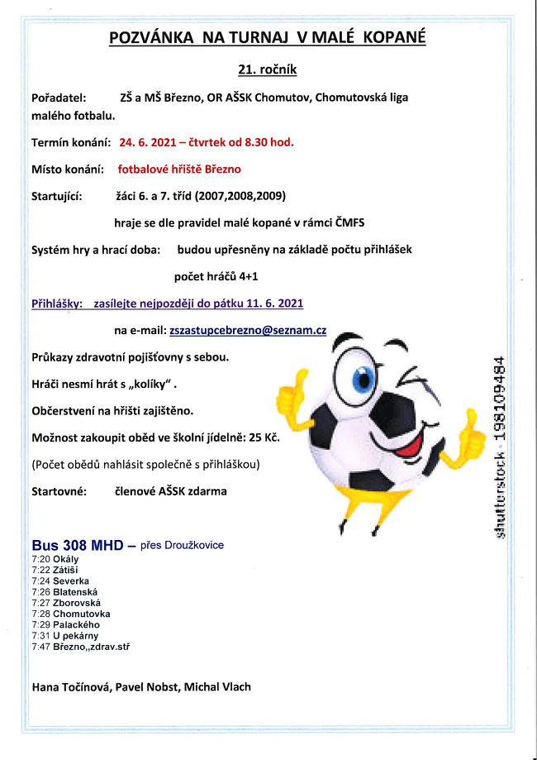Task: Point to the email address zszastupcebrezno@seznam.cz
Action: [247, 330]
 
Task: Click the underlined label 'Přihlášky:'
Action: [56, 304]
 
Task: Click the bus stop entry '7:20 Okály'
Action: [55, 559]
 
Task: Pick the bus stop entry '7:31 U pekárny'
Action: [64, 635]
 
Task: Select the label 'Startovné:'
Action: [59, 491]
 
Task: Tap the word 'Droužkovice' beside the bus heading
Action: [193, 545]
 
